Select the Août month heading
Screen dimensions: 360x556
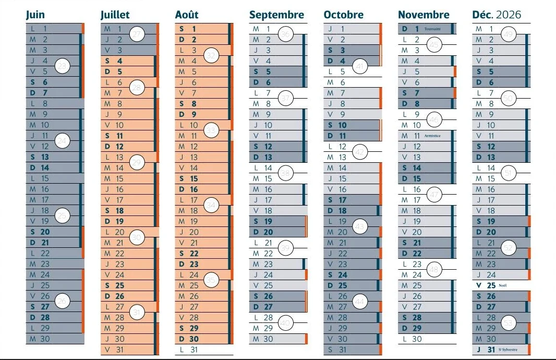tap(187, 15)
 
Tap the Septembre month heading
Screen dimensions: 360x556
tap(276, 15)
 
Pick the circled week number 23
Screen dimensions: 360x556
tap(62, 66)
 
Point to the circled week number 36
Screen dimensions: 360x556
tap(285, 34)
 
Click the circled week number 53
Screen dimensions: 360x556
tap(509, 323)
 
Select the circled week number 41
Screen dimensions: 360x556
tap(360, 66)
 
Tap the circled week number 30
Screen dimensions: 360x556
tap(137, 237)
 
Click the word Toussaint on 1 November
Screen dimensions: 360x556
tap(432, 29)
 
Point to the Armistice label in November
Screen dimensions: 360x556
tap(432, 136)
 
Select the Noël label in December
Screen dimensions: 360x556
tap(502, 285)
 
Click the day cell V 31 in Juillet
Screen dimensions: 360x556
tap(128, 350)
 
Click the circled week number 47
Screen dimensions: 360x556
tap(434, 195)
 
